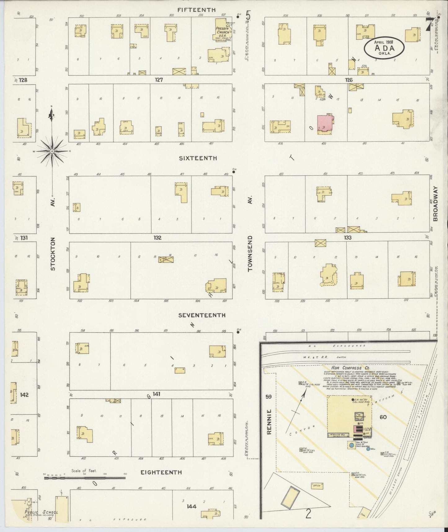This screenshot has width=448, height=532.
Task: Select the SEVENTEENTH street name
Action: (x=202, y=315)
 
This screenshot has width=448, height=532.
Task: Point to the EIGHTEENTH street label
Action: (x=161, y=472)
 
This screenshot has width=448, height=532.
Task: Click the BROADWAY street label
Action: (x=435, y=204)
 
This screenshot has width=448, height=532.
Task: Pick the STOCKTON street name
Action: (x=53, y=254)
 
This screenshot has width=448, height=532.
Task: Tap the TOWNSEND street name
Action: (x=251, y=254)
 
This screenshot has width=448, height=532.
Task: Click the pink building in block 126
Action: (x=325, y=124)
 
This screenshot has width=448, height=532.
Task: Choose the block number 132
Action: (x=157, y=238)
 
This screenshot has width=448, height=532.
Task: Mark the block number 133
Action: (x=348, y=238)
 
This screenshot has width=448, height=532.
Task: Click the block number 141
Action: (x=156, y=394)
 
